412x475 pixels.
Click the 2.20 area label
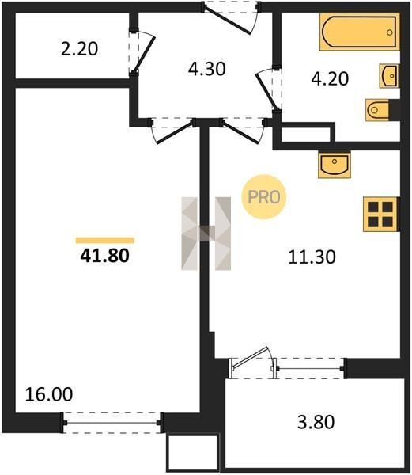(79, 49)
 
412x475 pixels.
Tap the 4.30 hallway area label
(207, 69)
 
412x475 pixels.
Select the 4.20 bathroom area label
(330, 78)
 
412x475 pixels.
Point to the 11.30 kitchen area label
(312, 256)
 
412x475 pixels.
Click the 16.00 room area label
(49, 394)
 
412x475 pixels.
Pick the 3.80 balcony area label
(316, 422)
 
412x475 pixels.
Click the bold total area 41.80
(104, 256)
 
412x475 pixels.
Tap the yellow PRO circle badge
(264, 197)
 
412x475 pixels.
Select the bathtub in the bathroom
(360, 32)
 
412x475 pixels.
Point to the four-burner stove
(381, 215)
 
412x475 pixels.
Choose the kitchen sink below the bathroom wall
(335, 165)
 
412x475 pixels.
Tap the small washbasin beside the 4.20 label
(389, 76)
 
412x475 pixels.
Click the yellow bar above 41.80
(105, 240)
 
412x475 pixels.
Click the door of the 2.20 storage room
(142, 51)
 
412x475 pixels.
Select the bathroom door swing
(269, 89)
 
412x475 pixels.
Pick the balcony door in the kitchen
(252, 363)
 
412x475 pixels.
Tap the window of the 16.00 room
(112, 423)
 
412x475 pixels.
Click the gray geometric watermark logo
(206, 234)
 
